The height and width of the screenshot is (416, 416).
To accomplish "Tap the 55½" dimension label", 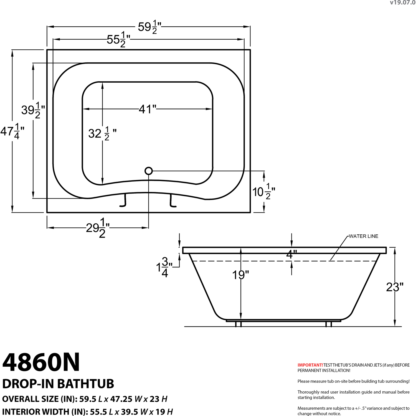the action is point(118,39).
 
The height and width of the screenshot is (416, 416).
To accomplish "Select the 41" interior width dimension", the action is point(148,109).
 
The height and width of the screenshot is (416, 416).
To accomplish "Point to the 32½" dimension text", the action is point(102,133).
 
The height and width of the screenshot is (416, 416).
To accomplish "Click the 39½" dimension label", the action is point(33,110).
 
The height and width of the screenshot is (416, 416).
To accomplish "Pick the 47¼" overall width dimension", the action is point(12,131).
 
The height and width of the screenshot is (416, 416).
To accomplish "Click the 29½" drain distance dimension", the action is point(98,228).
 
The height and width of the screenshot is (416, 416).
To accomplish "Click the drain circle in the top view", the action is point(149,171).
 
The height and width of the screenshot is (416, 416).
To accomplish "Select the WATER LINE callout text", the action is point(363,236).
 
